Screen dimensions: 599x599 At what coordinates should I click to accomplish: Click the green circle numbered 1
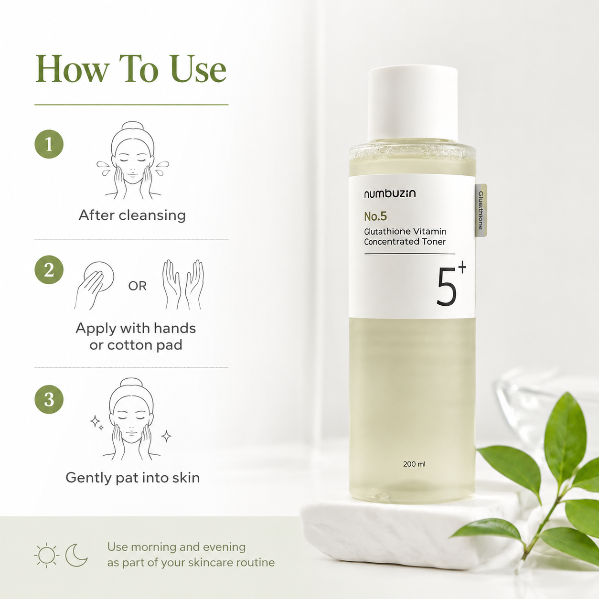point(49,144)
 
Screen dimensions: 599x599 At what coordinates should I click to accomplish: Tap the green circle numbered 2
point(49,270)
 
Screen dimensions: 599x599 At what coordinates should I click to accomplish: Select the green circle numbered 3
point(49,399)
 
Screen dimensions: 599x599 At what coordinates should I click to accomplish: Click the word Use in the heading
point(198,69)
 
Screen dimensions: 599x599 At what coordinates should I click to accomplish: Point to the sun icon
point(46,555)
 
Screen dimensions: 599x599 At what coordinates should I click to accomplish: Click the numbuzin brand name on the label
point(390,193)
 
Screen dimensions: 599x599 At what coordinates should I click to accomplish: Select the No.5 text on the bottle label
point(375,217)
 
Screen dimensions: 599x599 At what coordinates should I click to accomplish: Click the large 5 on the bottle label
point(446,287)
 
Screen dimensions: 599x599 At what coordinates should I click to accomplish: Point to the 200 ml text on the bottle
point(414,464)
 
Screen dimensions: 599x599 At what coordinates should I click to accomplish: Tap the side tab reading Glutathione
point(481,211)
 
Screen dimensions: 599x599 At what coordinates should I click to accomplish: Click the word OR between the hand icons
point(138,286)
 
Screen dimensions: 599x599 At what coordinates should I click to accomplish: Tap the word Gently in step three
point(89,478)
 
